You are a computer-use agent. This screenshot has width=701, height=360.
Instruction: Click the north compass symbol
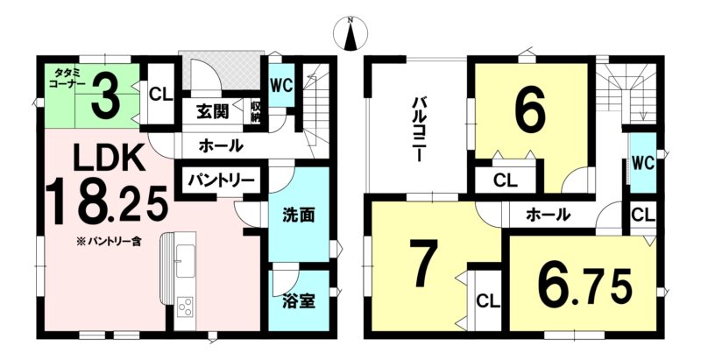(351, 33)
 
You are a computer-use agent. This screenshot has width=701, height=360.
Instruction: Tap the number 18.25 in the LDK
(106, 202)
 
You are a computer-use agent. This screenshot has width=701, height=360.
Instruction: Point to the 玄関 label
(212, 111)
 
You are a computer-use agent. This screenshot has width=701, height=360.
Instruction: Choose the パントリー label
(221, 181)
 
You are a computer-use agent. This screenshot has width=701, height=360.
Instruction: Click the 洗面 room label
(298, 215)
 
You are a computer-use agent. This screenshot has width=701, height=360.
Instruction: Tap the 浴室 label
(299, 301)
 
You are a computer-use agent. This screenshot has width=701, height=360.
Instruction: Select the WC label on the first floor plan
(281, 85)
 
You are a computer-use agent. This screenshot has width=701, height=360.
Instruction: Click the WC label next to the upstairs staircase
(643, 163)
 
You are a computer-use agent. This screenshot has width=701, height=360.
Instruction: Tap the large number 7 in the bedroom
(424, 263)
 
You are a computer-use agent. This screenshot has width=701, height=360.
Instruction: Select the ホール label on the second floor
(549, 215)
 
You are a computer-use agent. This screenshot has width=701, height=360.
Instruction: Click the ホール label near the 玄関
(221, 145)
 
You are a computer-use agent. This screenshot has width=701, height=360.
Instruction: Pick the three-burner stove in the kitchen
(185, 307)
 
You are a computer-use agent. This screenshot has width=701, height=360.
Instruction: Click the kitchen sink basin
(185, 261)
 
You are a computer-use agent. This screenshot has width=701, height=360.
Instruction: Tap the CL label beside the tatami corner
(161, 95)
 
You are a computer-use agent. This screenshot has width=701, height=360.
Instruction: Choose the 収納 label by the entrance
(255, 113)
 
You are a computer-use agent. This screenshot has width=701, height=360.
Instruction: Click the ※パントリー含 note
(108, 244)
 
